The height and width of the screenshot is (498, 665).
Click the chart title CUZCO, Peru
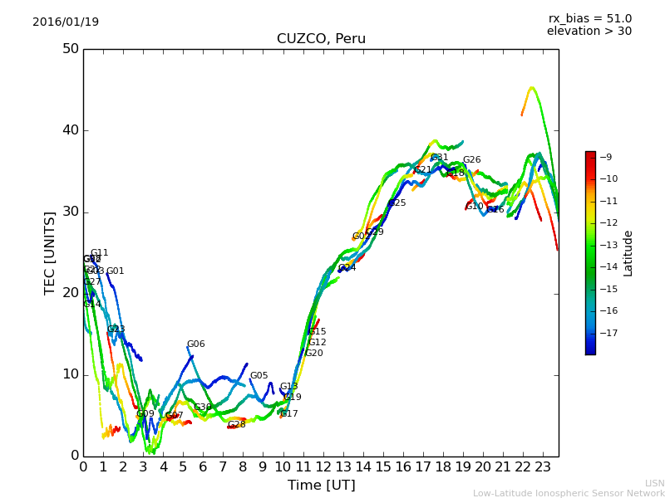click(x=321, y=39)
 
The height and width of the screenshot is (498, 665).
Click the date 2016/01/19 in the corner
click(x=66, y=22)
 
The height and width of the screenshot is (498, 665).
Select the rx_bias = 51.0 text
click(x=589, y=18)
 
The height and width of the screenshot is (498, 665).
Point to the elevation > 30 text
click(x=589, y=32)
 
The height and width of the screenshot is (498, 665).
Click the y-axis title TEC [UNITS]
click(x=50, y=252)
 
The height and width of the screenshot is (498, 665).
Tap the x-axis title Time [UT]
click(x=321, y=485)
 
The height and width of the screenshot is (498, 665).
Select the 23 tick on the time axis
click(x=542, y=467)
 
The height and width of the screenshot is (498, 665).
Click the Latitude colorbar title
click(x=628, y=253)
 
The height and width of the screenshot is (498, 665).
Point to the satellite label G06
click(x=195, y=344)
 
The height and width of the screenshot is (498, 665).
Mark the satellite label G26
click(x=471, y=160)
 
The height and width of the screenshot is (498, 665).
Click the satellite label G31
click(x=440, y=158)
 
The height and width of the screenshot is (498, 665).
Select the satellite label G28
click(x=236, y=425)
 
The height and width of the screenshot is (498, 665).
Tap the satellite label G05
click(x=259, y=376)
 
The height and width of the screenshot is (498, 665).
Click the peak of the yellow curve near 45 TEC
click(x=532, y=87)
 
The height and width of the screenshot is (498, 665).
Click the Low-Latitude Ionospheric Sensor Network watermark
click(x=569, y=493)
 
